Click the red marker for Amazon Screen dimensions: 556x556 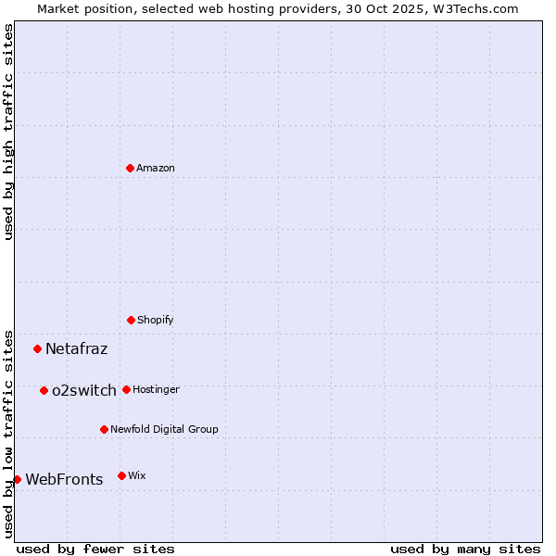coord(130,168)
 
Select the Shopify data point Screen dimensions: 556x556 coord(131,320)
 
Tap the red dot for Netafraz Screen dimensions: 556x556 coord(38,348)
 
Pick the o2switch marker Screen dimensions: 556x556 coord(44,390)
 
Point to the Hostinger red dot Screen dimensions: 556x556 coord(126,389)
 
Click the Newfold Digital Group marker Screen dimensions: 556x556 coord(104,429)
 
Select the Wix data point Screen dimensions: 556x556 coord(121,475)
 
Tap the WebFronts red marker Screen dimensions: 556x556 coord(17,479)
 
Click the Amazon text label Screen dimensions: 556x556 coord(156,168)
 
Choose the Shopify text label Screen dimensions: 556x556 coord(156,320)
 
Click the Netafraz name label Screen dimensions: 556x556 coord(76,349)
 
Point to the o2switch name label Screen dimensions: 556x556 coord(84,391)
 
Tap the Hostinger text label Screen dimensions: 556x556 coord(156,389)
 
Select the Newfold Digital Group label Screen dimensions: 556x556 coord(164,429)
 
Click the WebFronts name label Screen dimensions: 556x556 coord(64,480)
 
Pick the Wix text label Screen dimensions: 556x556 coord(137,475)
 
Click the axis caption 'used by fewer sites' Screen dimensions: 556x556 coord(95,549)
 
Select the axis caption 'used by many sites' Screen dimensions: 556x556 coord(465,549)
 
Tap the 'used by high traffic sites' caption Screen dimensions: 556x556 coord(8,132)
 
